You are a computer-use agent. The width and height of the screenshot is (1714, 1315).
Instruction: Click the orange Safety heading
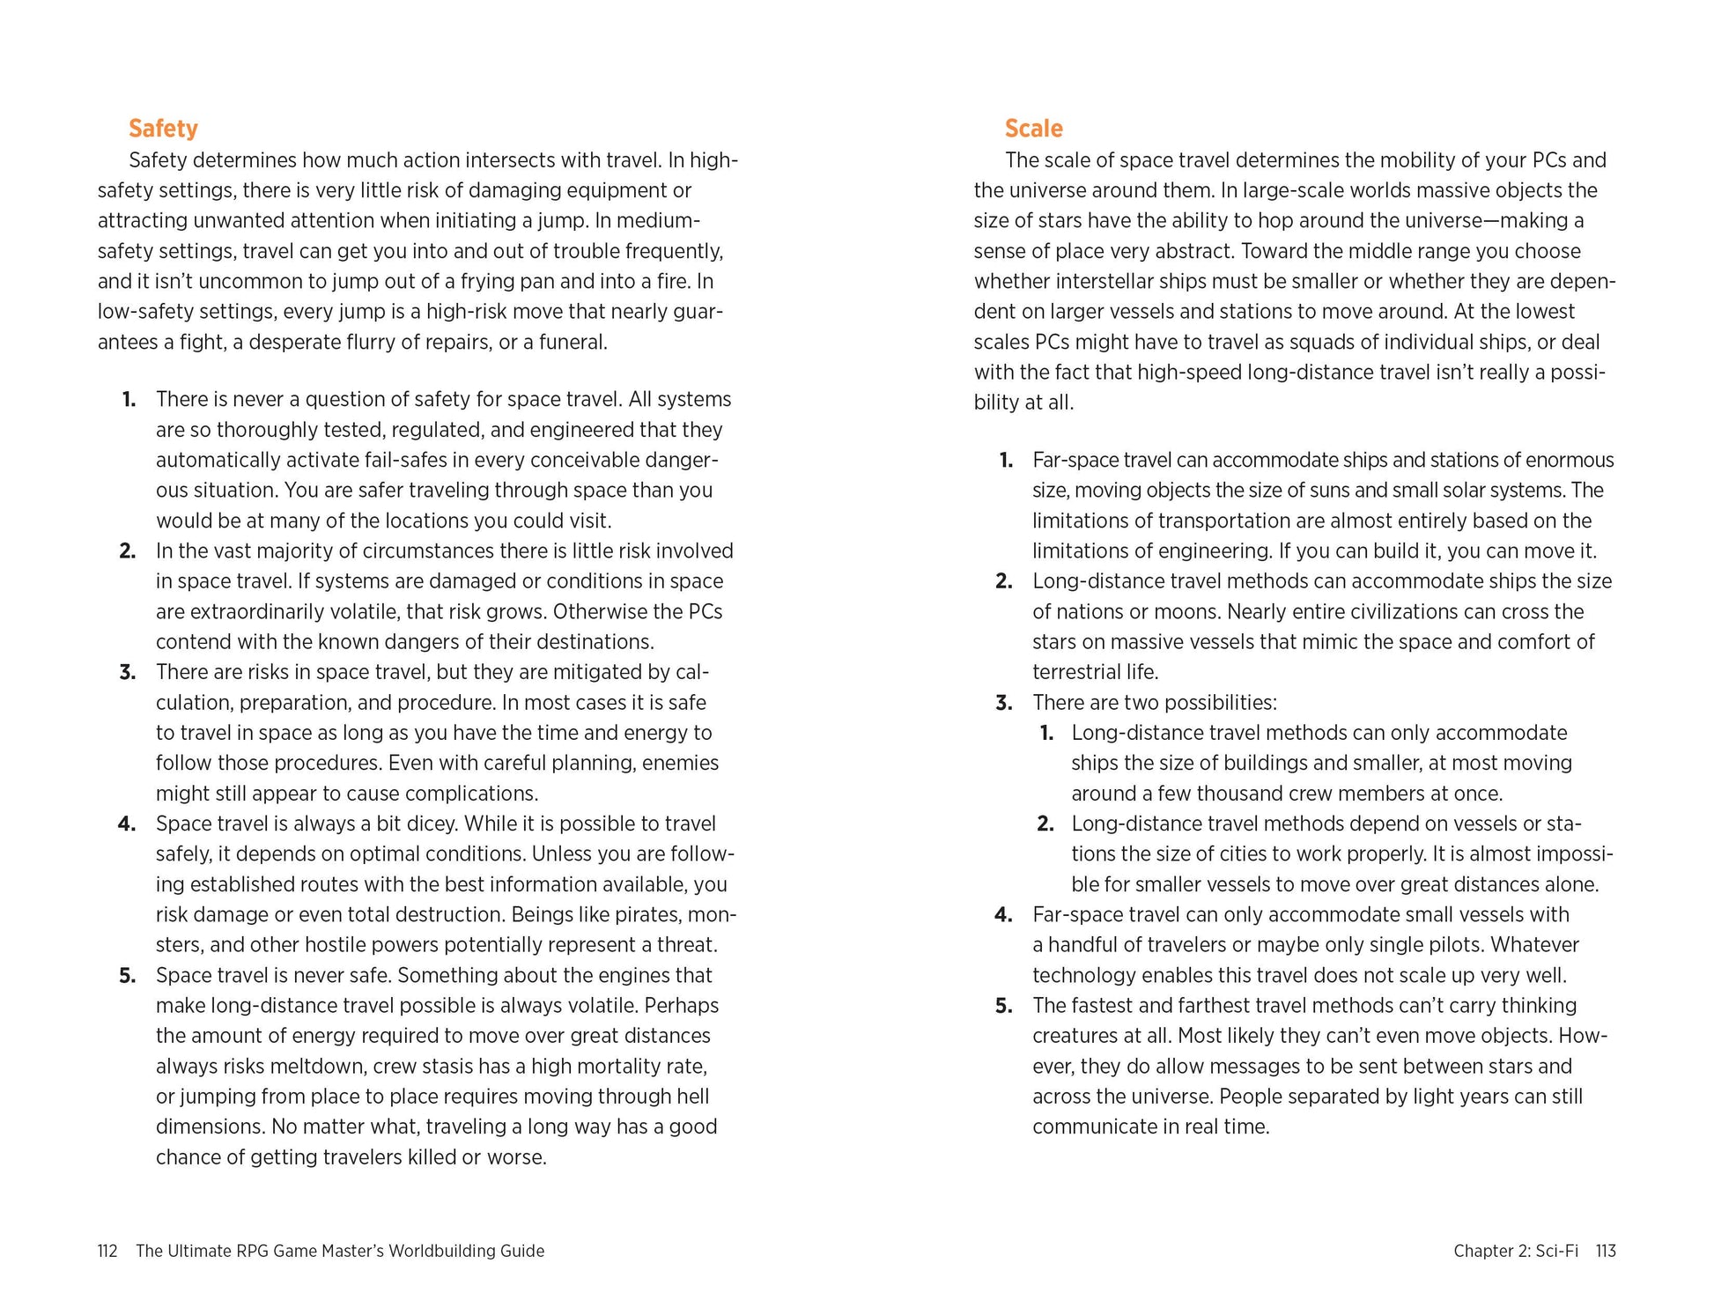(x=163, y=129)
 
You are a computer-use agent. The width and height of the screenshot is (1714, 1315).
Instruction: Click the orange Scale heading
(x=1033, y=129)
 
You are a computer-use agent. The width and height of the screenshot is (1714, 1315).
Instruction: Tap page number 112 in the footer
(x=107, y=1251)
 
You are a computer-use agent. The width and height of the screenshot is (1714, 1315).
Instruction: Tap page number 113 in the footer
(x=1605, y=1251)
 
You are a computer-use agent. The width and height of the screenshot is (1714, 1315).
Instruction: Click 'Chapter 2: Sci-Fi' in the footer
(x=1515, y=1251)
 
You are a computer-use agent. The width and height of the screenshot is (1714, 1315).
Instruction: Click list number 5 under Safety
(x=128, y=975)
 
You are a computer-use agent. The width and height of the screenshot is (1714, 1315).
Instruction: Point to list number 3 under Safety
(x=128, y=672)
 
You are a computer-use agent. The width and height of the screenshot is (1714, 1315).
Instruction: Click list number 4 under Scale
(x=1003, y=914)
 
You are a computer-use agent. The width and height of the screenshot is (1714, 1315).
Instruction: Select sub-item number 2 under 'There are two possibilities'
(x=1045, y=824)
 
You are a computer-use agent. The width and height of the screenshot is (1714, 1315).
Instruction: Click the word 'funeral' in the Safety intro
(x=573, y=342)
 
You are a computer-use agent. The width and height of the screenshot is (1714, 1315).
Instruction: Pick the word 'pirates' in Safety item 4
(x=647, y=914)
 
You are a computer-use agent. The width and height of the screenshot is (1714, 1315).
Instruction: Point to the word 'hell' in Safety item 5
(x=694, y=1096)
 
